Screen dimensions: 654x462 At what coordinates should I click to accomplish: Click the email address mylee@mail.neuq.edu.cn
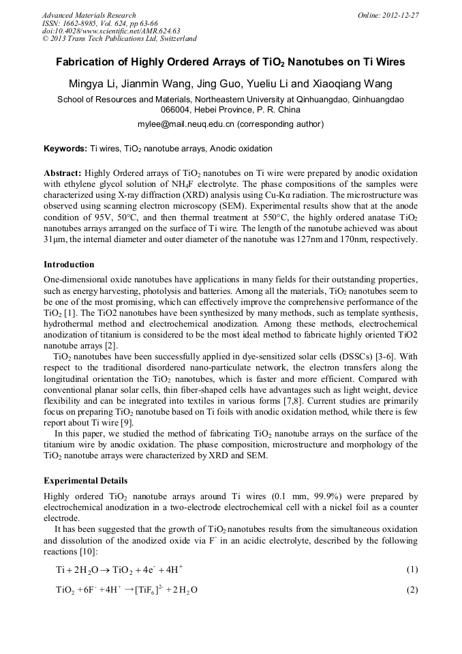pos(186,124)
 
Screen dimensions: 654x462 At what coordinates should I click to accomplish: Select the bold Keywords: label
pos(65,149)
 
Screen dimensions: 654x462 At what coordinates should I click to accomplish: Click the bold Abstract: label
pos(63,174)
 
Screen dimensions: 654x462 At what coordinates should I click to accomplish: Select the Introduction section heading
pos(69,264)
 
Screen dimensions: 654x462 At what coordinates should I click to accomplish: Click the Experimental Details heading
pos(85,481)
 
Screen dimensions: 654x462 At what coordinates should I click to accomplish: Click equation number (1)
pos(411,569)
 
